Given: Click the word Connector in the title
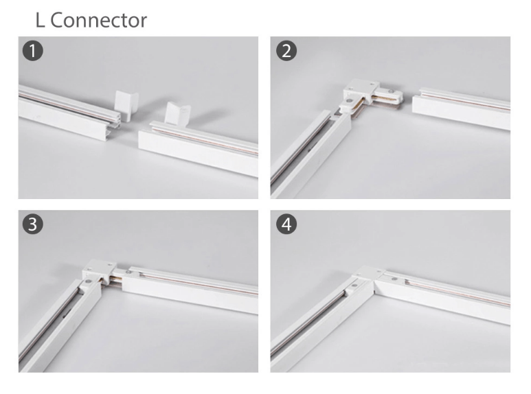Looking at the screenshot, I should (x=99, y=20).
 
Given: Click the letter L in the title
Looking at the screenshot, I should (x=40, y=20).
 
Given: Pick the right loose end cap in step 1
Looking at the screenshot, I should (x=178, y=115).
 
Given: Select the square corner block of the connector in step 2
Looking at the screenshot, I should (x=358, y=90).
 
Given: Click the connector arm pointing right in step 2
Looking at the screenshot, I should (x=389, y=97).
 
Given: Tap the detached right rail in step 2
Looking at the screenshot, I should (x=464, y=108).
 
